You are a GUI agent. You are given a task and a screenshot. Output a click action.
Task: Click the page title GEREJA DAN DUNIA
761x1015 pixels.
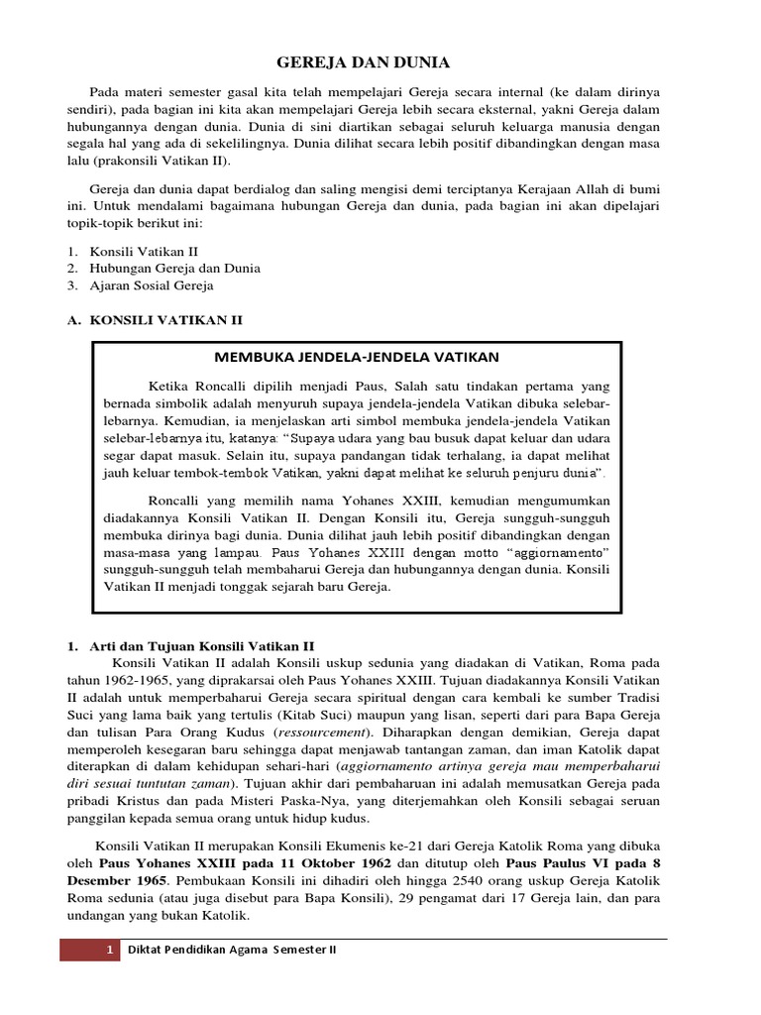pos(363,62)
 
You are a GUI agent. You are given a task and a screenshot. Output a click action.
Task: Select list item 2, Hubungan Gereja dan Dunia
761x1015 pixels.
pos(162,268)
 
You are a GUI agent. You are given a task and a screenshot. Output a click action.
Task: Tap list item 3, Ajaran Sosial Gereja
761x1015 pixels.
pos(152,285)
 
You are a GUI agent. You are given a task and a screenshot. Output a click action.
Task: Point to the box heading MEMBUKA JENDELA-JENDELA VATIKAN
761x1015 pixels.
pos(358,356)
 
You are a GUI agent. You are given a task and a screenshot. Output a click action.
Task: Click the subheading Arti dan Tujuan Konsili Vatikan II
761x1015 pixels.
pos(202,644)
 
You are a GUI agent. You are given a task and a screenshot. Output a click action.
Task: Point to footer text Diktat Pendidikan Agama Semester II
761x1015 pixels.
pos(234,950)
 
